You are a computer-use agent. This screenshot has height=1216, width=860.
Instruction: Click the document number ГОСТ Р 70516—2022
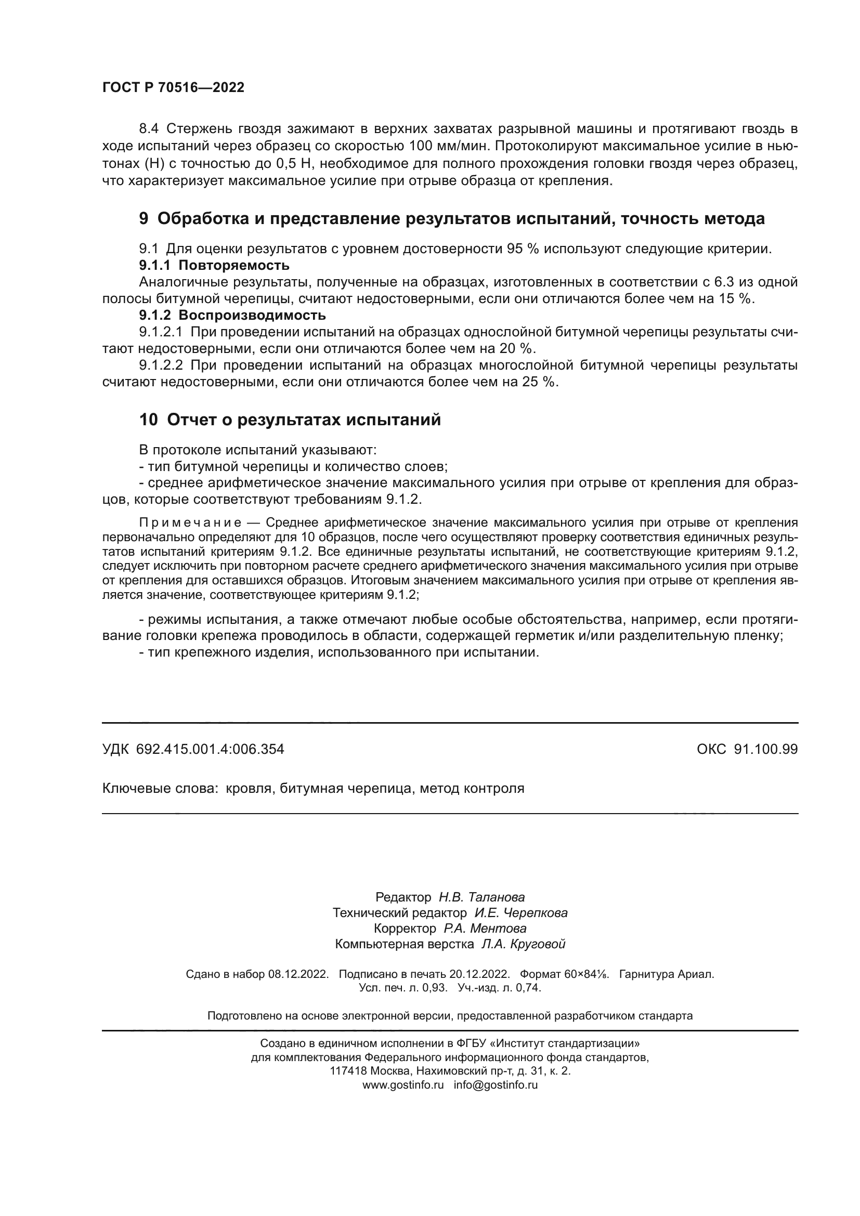point(173,88)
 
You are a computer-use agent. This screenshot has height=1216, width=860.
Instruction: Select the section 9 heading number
point(144,218)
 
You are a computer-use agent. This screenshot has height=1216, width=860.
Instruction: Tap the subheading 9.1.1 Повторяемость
point(214,265)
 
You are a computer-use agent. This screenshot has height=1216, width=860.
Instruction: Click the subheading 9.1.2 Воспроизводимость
point(232,316)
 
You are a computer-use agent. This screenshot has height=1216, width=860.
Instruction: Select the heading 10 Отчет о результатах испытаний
point(290,420)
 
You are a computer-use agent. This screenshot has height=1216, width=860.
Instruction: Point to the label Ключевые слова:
point(160,789)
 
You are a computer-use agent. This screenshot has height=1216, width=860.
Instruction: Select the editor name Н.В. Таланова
point(481,897)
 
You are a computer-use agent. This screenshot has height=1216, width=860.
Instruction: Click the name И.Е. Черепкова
point(520,913)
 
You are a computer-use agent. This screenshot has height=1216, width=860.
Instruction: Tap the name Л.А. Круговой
point(523,944)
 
